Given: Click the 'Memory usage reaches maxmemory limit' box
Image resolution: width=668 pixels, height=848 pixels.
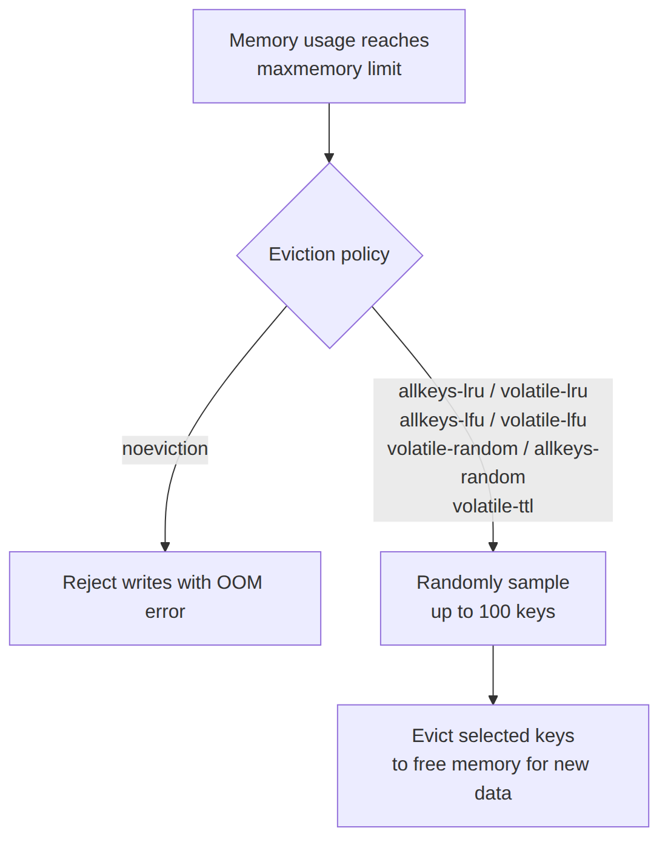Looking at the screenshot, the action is click(329, 56).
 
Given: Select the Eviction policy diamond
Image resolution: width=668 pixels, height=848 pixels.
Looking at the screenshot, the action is click(330, 256).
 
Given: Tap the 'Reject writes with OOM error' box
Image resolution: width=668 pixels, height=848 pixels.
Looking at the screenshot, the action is click(165, 598).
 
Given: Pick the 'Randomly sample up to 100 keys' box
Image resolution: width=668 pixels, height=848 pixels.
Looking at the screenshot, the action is click(493, 598).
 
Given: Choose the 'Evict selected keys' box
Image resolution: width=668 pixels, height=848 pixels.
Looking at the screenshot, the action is click(493, 766).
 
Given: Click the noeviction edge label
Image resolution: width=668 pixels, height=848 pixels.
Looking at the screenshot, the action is click(165, 449).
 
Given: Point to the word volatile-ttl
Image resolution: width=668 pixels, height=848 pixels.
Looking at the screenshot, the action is click(493, 506).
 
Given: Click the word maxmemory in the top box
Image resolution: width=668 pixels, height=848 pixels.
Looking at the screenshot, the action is click(310, 69).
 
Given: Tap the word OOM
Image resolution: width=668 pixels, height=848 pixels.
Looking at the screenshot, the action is click(239, 583).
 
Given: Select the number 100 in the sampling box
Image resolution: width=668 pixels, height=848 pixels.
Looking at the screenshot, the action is click(495, 612).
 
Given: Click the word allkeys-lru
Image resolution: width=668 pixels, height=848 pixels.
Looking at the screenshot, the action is click(441, 392).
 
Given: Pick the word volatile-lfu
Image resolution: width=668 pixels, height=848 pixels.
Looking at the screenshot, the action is click(543, 420).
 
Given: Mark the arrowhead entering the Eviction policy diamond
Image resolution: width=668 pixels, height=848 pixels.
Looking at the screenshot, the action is click(329, 158).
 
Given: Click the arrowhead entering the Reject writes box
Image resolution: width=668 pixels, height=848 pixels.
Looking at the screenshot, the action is click(165, 547).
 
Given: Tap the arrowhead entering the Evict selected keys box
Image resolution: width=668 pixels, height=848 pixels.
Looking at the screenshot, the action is click(493, 700).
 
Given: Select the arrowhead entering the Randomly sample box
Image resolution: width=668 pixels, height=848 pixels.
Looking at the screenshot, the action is click(493, 547).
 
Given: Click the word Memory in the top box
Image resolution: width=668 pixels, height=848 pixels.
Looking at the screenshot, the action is click(264, 41).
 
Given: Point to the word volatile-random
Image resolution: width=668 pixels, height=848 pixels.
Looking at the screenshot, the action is click(452, 449).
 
